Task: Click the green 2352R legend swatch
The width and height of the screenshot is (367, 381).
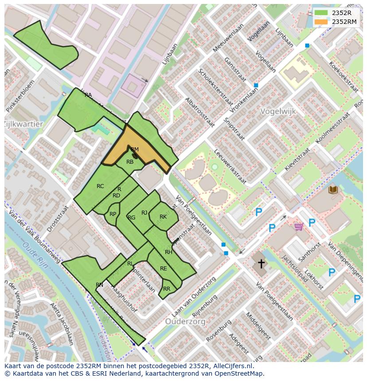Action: pos(321,13)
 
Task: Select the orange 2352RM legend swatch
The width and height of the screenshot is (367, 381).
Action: pos(321,21)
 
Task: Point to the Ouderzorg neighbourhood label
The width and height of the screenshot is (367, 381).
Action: pos(185,322)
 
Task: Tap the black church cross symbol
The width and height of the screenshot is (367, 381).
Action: pos(262,264)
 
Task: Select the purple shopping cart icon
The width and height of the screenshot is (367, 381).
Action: pos(299,227)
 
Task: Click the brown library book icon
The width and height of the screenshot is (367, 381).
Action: pos(333,190)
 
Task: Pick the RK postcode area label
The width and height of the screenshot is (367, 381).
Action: pos(163,217)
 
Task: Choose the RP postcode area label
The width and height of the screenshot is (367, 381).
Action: pos(113,214)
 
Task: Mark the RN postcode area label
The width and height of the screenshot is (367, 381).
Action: pos(99,285)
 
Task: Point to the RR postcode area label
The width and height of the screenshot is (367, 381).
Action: pos(167,289)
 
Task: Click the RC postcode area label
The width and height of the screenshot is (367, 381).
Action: pos(100,186)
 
